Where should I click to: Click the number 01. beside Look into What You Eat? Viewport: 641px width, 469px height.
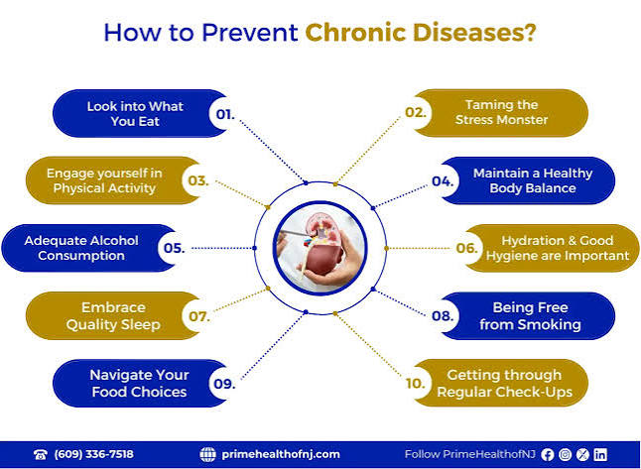point(225,114)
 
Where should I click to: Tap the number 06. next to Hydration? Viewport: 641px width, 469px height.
point(466,248)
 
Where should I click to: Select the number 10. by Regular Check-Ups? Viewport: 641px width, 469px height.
point(416,383)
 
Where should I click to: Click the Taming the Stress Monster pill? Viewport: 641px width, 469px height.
point(501,113)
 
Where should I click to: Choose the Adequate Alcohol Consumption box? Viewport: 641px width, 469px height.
point(89,248)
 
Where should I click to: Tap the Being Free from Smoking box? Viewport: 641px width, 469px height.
point(528,315)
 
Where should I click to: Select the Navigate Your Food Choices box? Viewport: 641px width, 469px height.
point(140,383)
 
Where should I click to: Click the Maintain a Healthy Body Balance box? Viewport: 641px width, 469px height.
point(528,180)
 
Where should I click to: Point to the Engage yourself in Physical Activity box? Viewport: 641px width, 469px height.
point(113,180)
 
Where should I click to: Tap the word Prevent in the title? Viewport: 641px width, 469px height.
point(250,33)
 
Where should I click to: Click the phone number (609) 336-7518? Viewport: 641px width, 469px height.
point(93,454)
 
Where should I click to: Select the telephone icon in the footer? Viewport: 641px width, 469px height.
point(41,455)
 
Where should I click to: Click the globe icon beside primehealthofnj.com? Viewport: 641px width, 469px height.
point(207,454)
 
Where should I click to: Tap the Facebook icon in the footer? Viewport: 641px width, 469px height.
point(548,455)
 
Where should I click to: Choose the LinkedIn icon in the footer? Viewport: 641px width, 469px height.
point(600,455)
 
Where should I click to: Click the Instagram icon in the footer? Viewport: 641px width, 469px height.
point(565,455)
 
